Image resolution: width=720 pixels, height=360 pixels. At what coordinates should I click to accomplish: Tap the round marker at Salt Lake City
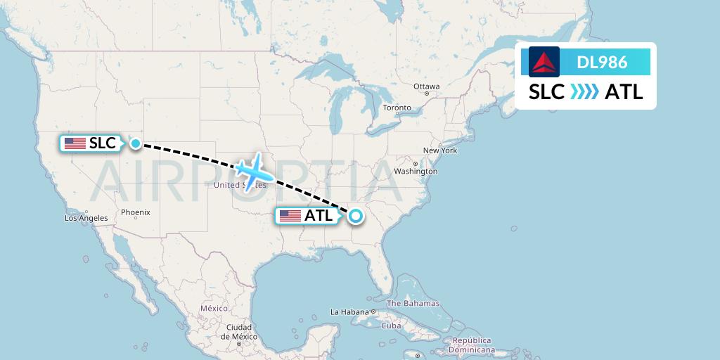pyautogui.click(x=135, y=143)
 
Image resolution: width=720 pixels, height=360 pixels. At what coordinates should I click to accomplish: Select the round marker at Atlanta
pyautogui.click(x=355, y=216)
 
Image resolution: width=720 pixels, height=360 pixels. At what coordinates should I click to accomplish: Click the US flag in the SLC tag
pyautogui.click(x=75, y=143)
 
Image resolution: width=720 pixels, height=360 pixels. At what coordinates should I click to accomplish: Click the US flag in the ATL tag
pyautogui.click(x=290, y=216)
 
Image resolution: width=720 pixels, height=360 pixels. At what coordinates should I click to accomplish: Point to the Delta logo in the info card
pyautogui.click(x=544, y=62)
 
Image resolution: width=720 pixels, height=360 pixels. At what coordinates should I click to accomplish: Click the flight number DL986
pyautogui.click(x=602, y=62)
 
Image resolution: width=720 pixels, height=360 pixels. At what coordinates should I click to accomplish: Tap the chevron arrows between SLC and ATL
pyautogui.click(x=584, y=92)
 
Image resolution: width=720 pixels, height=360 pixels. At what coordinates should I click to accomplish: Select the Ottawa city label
pyautogui.click(x=426, y=86)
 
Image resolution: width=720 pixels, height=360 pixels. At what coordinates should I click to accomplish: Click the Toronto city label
pyautogui.click(x=397, y=108)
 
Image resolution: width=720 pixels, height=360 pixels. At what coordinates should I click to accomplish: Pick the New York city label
pyautogui.click(x=440, y=150)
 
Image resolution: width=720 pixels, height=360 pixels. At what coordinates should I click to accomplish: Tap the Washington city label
pyautogui.click(x=416, y=171)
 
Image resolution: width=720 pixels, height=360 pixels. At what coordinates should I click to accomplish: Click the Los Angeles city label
pyautogui.click(x=86, y=218)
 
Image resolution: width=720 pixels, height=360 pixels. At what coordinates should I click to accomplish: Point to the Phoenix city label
pyautogui.click(x=135, y=212)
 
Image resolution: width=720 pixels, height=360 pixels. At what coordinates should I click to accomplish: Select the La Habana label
pyautogui.click(x=349, y=311)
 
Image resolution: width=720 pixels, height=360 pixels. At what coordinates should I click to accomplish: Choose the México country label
pyautogui.click(x=214, y=308)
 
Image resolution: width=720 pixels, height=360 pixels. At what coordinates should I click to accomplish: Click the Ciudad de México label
pyautogui.click(x=238, y=331)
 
